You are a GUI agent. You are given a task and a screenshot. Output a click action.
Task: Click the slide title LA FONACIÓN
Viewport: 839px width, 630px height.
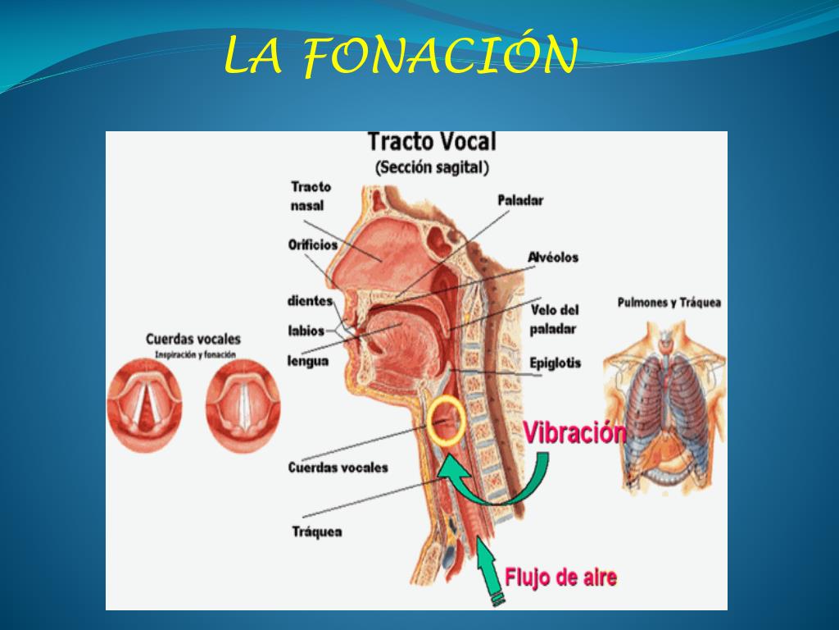[400, 56]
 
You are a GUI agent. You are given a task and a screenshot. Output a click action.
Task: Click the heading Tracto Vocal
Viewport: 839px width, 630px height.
[431, 141]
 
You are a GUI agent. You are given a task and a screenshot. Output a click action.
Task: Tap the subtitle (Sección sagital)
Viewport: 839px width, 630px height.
[432, 167]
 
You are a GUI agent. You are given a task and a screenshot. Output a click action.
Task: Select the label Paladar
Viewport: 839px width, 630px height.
[520, 200]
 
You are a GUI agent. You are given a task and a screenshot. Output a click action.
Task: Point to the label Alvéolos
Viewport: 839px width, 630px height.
[553, 257]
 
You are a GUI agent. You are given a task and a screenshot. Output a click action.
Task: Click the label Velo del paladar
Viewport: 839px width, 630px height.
[555, 319]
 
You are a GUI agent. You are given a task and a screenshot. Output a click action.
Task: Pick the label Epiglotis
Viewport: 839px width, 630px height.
[555, 363]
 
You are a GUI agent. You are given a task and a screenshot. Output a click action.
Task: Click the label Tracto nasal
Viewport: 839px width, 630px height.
[311, 196]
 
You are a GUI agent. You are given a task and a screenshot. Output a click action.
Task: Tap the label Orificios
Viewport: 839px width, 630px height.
[312, 244]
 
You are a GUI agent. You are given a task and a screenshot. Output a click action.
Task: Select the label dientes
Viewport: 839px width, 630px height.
[310, 301]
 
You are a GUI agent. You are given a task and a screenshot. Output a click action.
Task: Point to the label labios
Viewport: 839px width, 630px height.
[306, 331]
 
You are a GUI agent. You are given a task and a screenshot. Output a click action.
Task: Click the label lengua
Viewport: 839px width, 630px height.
[308, 360]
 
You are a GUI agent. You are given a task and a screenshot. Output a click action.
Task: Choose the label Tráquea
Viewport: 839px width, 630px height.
[317, 532]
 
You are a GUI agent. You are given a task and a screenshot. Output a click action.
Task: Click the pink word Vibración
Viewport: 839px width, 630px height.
[574, 432]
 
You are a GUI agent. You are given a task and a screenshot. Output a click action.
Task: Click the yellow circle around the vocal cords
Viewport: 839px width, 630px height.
[447, 420]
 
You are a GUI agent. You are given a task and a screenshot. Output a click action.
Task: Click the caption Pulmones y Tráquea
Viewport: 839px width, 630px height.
[669, 303]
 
